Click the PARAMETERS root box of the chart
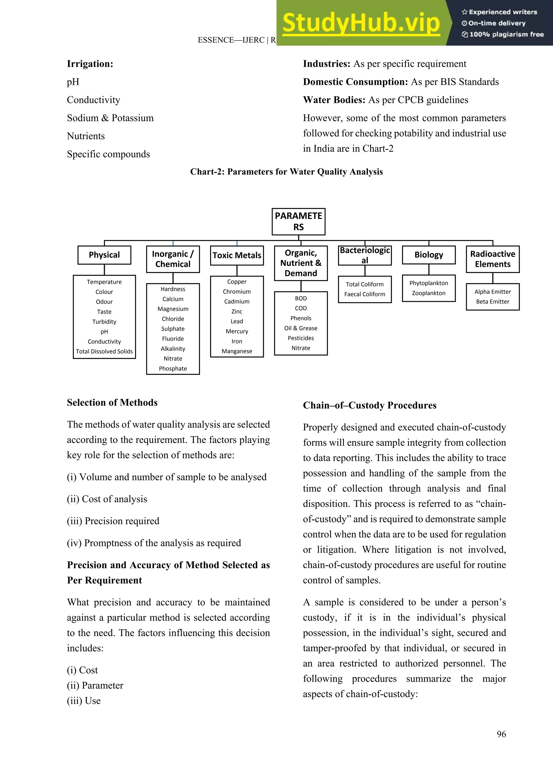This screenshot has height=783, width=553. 298,221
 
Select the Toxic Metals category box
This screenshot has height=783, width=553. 237,255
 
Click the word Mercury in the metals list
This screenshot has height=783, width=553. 237,331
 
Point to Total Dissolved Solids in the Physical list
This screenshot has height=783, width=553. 104,351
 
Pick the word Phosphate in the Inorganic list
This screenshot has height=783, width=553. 173,368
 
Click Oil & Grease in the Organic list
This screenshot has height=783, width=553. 301,328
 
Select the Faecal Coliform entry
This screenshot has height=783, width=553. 365,294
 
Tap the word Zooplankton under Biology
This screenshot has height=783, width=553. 429,293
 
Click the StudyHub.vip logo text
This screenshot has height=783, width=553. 361,23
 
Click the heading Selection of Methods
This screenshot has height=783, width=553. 112,402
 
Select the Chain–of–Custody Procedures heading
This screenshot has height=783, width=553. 369,405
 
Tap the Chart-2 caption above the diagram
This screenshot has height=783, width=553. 286,172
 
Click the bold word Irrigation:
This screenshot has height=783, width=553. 90,64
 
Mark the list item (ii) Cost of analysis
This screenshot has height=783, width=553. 107,499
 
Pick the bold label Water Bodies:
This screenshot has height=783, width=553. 334,100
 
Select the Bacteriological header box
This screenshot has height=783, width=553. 365,255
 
